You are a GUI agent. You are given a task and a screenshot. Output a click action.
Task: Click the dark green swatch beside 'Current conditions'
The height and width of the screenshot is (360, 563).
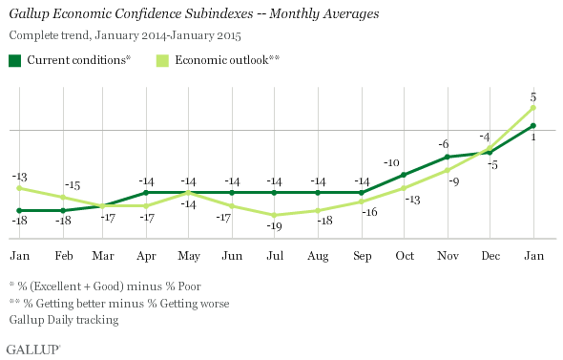(x=16, y=60)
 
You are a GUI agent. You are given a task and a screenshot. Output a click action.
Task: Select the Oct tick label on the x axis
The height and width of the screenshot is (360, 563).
(x=404, y=255)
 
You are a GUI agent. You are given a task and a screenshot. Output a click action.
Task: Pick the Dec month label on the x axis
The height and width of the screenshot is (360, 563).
(x=490, y=255)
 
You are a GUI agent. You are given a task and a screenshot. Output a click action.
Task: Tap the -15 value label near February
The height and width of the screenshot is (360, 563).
(x=73, y=185)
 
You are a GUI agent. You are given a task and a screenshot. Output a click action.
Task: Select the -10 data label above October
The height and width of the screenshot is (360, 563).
(x=391, y=163)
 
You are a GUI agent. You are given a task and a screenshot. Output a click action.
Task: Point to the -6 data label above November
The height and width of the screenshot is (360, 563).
(x=444, y=144)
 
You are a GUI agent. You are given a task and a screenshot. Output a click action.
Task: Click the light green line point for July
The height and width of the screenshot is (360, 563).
(x=275, y=215)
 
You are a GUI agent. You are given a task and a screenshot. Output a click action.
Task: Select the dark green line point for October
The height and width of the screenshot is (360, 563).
(x=404, y=175)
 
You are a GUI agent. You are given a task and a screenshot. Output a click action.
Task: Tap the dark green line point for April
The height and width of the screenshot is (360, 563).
(x=146, y=193)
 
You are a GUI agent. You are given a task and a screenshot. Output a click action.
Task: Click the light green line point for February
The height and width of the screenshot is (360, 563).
(x=63, y=197)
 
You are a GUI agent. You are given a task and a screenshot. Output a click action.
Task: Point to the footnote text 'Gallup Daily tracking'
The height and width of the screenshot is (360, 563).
(x=65, y=320)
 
